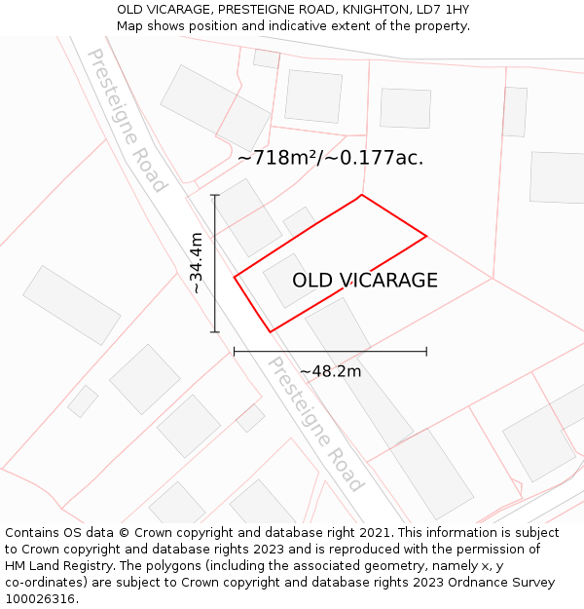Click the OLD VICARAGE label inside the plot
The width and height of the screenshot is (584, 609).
(365, 281)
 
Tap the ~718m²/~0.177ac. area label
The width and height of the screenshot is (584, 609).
(331, 158)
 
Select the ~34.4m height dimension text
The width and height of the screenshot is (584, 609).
(197, 263)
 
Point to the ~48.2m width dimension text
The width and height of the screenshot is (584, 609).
(330, 371)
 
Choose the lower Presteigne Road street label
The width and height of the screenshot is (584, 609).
(315, 424)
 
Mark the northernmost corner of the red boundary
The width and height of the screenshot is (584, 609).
(362, 196)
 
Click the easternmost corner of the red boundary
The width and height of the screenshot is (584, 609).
(426, 236)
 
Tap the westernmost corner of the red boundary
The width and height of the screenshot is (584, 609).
(235, 277)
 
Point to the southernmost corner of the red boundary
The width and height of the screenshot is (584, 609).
(270, 332)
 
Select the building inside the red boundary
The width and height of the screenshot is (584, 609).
(289, 280)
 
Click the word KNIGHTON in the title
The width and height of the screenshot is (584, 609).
(361, 9)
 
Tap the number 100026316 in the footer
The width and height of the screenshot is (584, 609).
(40, 599)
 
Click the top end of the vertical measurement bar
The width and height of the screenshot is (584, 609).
(215, 196)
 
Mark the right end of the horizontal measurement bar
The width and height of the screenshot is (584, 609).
(426, 351)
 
